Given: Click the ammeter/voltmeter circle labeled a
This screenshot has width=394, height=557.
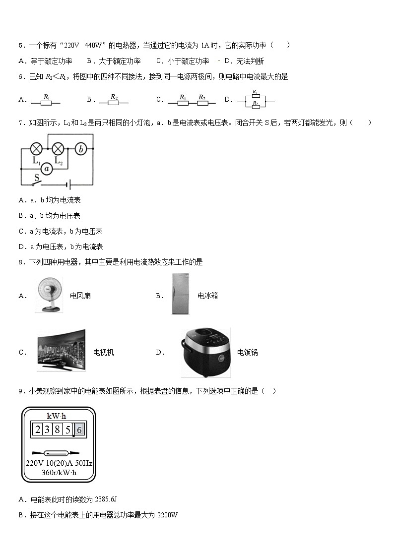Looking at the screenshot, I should pos(47,169).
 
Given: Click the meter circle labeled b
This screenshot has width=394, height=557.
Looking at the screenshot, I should pos(82,148).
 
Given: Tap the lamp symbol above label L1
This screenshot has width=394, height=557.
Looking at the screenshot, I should pos(36,148).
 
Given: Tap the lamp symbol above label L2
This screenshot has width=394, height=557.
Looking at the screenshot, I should pos(59,148).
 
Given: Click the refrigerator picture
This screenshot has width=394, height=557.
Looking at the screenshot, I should pos(181,294).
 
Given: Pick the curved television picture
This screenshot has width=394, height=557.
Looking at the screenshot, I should pos(61,351).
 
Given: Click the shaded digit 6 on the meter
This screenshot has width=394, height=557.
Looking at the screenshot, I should pos(79,430).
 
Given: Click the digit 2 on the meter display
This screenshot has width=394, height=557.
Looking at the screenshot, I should pos(37,430).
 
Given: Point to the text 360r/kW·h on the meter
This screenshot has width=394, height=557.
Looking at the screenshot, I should pos(59,473).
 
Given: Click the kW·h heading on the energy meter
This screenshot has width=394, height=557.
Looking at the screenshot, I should pos(56,416).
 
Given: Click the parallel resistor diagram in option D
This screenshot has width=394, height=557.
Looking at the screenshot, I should pos(256,99).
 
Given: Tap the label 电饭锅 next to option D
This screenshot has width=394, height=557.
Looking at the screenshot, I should pos(247,353).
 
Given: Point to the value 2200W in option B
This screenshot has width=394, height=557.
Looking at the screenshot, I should pos(167,515).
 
